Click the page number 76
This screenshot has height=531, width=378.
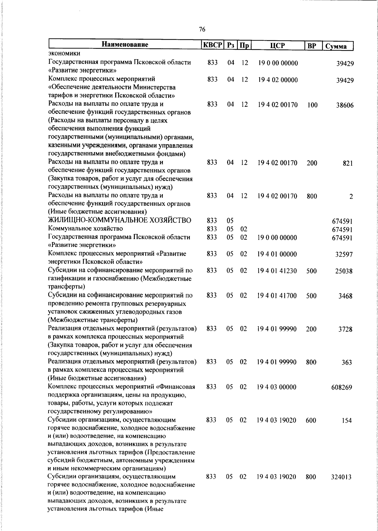[202, 29]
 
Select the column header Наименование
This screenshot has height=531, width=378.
[125, 45]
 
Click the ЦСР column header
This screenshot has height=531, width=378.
[277, 45]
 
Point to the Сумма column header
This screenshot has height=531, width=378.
[336, 46]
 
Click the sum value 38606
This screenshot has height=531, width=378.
[345, 106]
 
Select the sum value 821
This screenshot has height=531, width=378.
[348, 163]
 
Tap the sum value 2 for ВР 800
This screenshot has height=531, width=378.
[351, 197]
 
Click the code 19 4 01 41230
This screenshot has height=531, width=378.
[277, 271]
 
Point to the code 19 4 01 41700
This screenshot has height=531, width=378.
[277, 295]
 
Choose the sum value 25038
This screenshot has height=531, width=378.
[343, 271]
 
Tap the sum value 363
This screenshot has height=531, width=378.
[346, 363]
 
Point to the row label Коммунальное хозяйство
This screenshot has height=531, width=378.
[85, 228]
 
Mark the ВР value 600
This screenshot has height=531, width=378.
[311, 420]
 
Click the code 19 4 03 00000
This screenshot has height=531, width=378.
[277, 387]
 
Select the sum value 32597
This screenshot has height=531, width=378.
[344, 254]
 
